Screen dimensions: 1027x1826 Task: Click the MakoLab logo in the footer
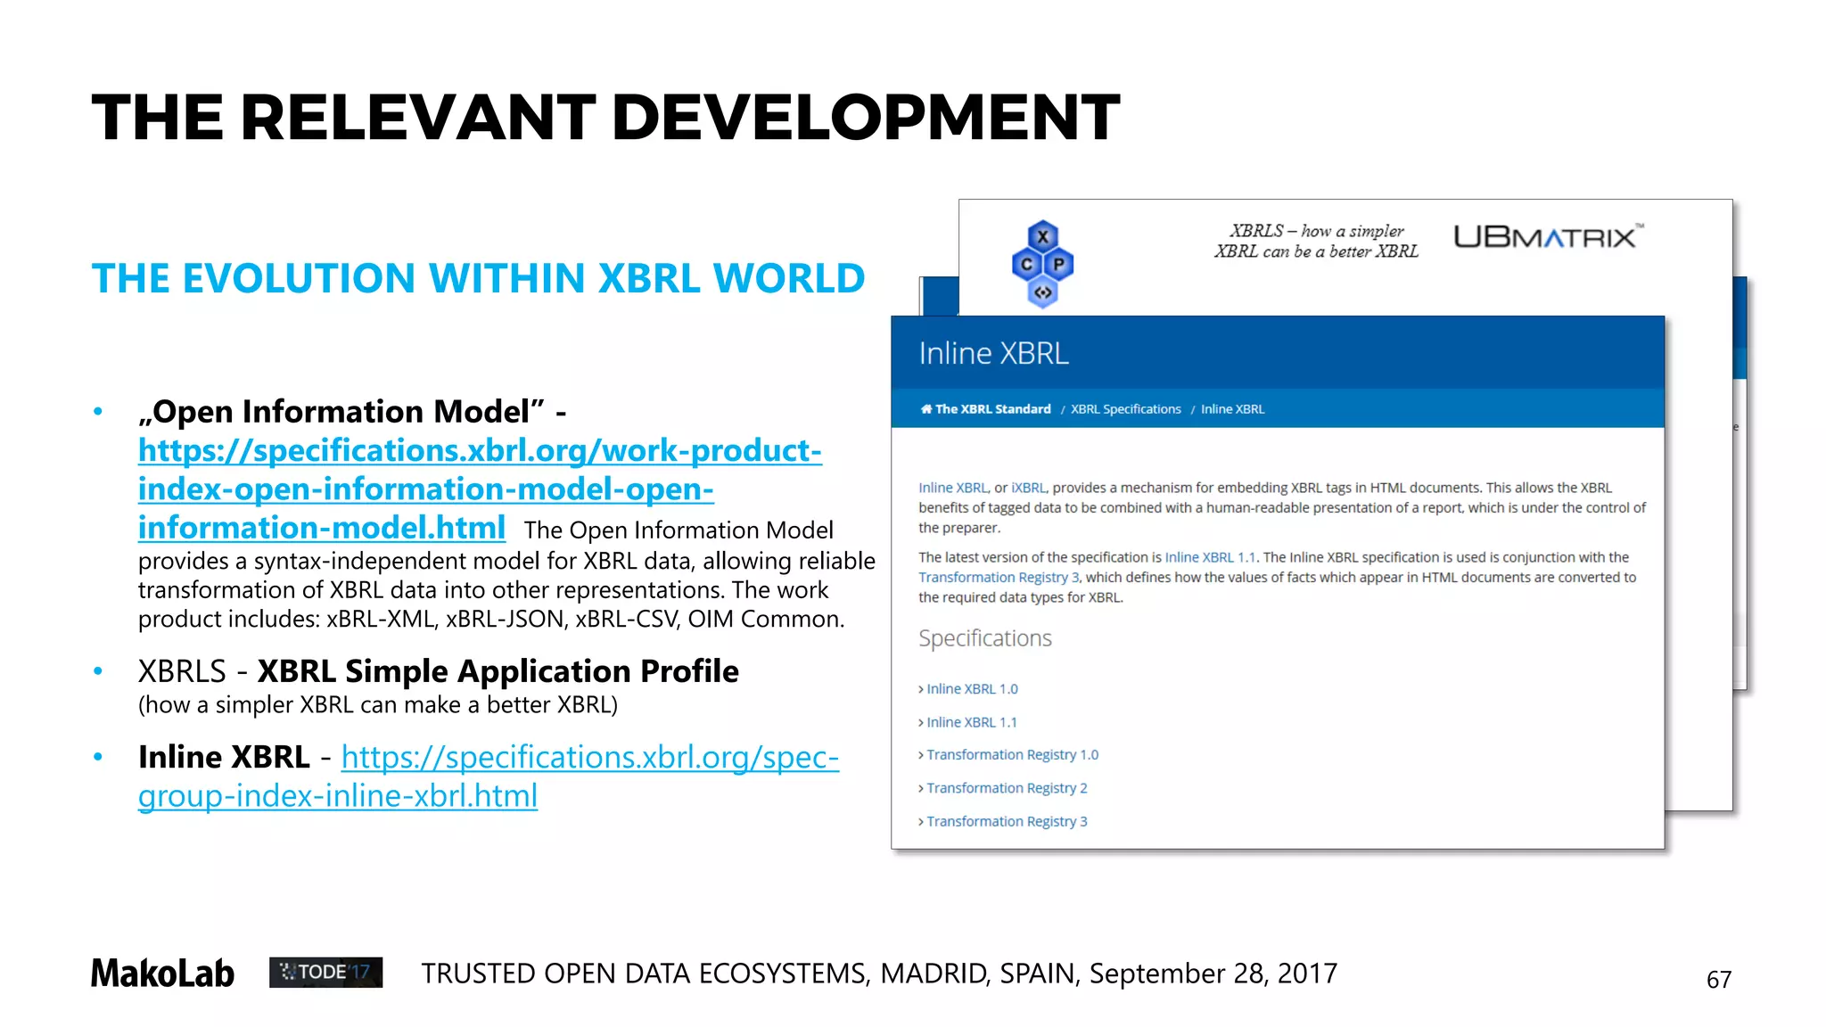click(x=162, y=973)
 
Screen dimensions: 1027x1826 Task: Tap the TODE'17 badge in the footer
click(x=325, y=972)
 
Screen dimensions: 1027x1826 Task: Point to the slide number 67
click(x=1718, y=980)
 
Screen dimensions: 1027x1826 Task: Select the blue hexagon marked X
click(x=1042, y=237)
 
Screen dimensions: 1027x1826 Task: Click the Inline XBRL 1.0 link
click(x=972, y=689)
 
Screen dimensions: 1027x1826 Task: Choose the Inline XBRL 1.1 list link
click(x=972, y=722)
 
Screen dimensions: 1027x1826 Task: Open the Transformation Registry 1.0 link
click(x=1012, y=755)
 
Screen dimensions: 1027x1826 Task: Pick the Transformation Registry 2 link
click(x=1007, y=788)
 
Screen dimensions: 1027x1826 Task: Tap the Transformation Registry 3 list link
click(x=1007, y=821)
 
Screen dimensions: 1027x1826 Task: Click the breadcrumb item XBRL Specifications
click(x=1125, y=409)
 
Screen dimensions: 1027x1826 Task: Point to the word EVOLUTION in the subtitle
click(x=299, y=278)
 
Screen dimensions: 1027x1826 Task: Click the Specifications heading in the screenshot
click(x=985, y=638)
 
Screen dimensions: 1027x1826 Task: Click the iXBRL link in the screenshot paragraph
click(x=1028, y=488)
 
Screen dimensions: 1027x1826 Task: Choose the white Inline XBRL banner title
click(x=993, y=353)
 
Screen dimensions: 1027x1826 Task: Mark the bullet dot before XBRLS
click(x=98, y=671)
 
